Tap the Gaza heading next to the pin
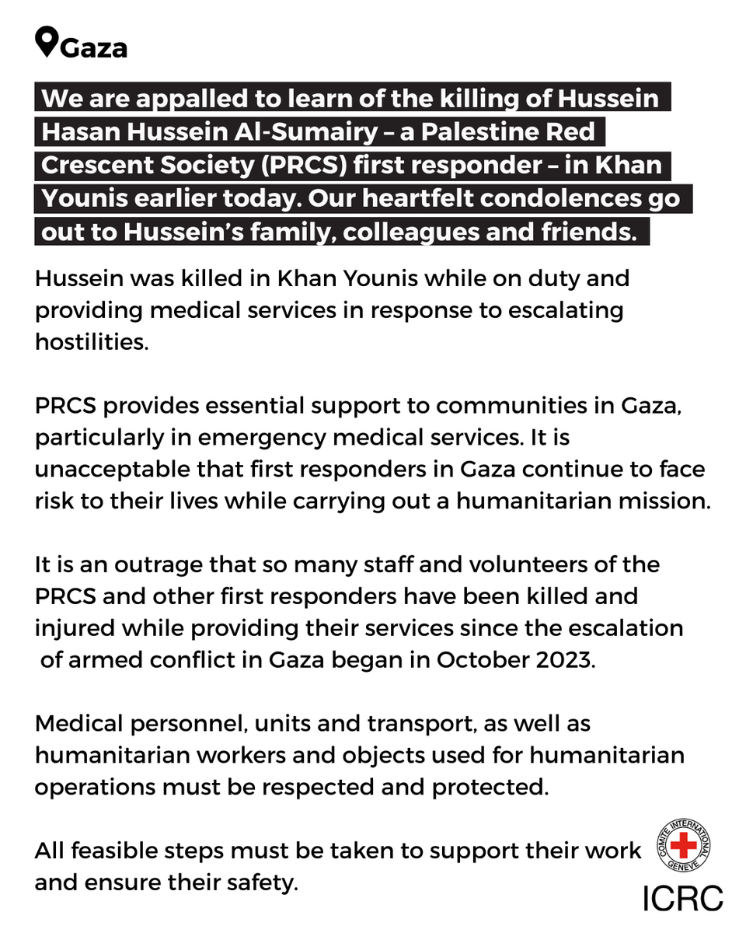[x=94, y=48]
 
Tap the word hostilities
[x=90, y=343]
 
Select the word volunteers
[x=446, y=565]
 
